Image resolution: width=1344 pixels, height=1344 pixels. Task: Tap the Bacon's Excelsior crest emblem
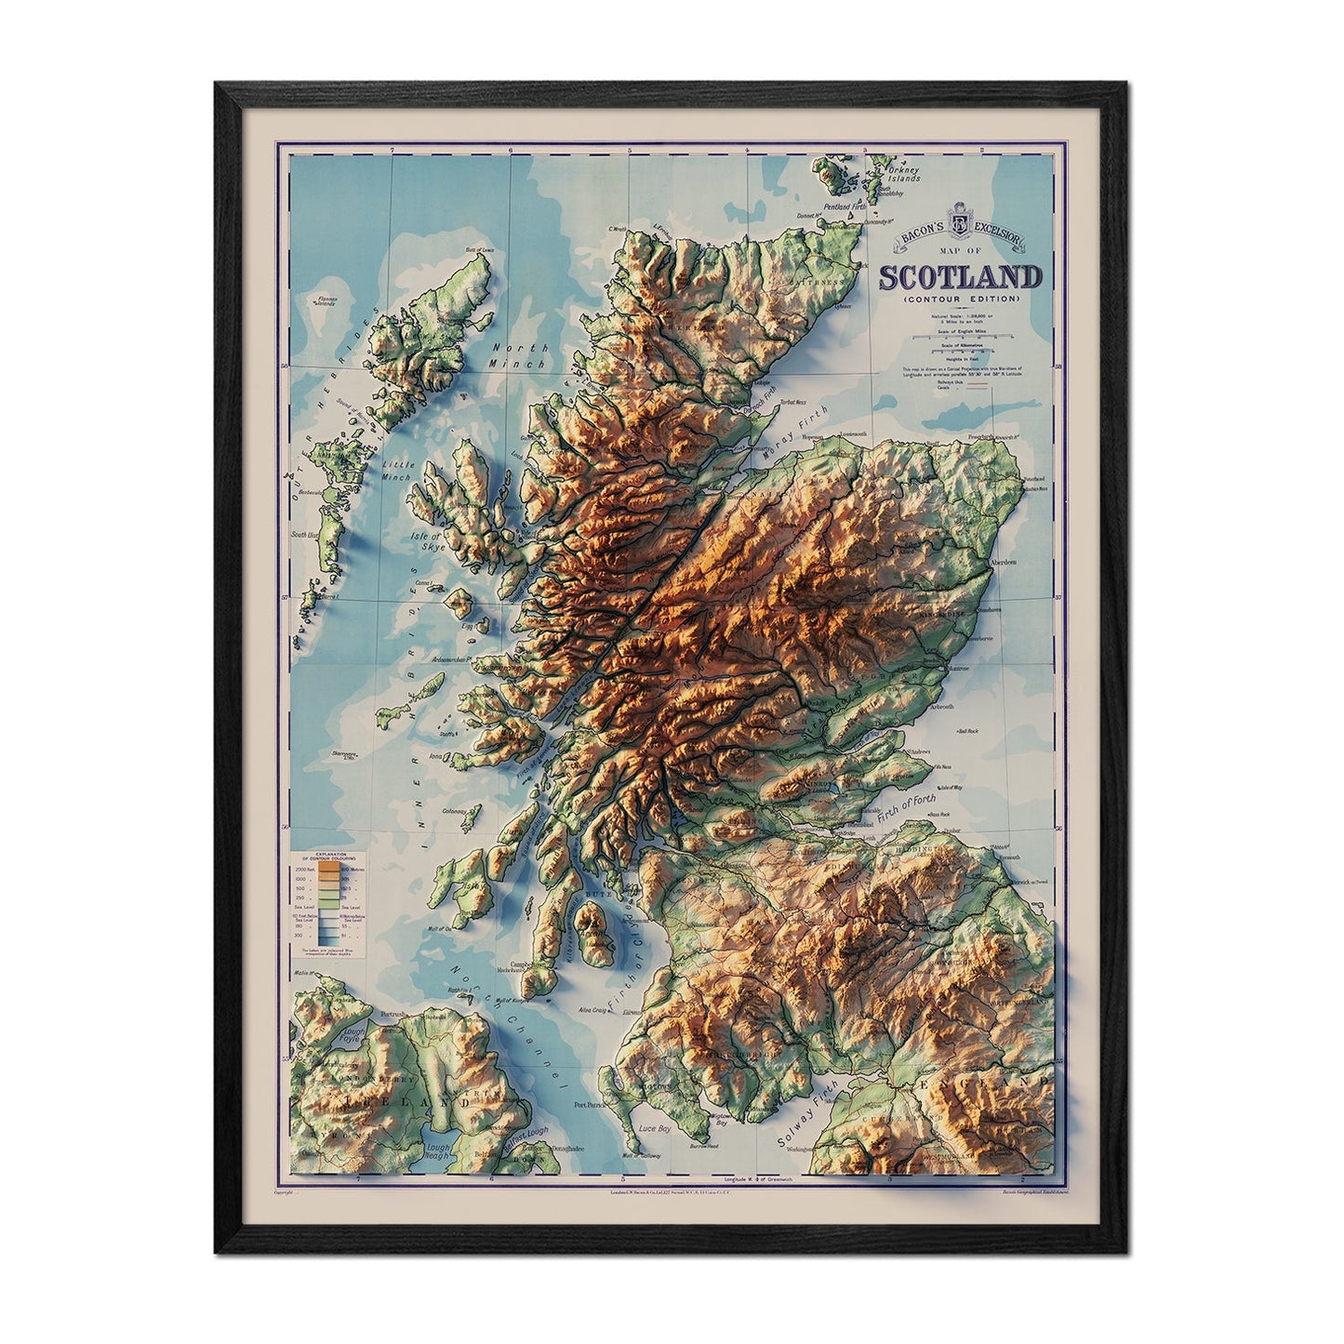pos(959,225)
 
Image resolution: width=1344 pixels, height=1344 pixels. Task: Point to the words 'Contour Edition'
pos(960,299)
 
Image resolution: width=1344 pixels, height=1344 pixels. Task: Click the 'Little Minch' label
pos(394,470)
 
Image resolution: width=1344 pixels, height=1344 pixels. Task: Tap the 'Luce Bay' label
pos(657,1128)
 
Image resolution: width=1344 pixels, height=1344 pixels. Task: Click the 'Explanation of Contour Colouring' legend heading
pos(331,855)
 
